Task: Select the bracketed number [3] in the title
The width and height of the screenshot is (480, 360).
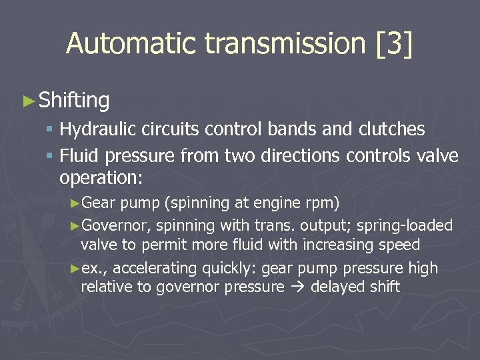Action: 394,44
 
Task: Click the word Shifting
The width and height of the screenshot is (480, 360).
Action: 74,101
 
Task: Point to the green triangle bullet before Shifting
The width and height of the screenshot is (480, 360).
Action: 28,101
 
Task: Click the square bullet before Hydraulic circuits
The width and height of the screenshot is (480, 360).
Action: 50,129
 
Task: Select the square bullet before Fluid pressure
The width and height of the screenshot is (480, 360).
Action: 50,157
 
